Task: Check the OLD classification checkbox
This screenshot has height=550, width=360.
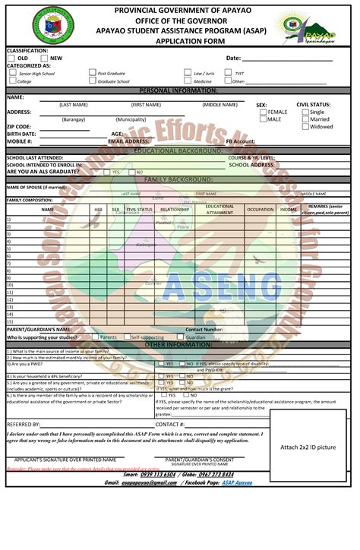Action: point(11,58)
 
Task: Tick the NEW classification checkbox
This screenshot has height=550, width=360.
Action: point(44,58)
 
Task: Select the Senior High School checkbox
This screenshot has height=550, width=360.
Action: point(11,73)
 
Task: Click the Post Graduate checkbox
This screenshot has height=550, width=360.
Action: point(92,73)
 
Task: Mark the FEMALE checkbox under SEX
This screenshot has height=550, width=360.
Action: point(263,112)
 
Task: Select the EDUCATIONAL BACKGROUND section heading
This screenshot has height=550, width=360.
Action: point(178,150)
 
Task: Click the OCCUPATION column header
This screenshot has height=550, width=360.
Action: point(260,209)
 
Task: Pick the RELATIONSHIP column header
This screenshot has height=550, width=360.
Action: point(175,209)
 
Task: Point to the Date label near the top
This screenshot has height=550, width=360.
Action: point(233,58)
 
